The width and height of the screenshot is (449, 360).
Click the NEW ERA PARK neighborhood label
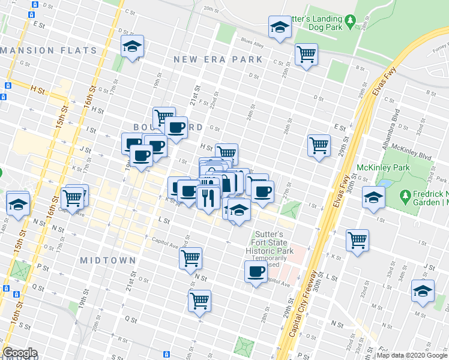(218, 59)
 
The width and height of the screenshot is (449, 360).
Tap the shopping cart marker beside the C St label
(307, 55)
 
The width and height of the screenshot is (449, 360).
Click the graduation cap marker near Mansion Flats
(132, 47)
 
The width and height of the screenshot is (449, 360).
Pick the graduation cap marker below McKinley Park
(374, 197)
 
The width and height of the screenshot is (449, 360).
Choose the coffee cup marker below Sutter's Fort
(256, 272)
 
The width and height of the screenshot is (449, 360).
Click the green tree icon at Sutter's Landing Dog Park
(366, 19)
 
